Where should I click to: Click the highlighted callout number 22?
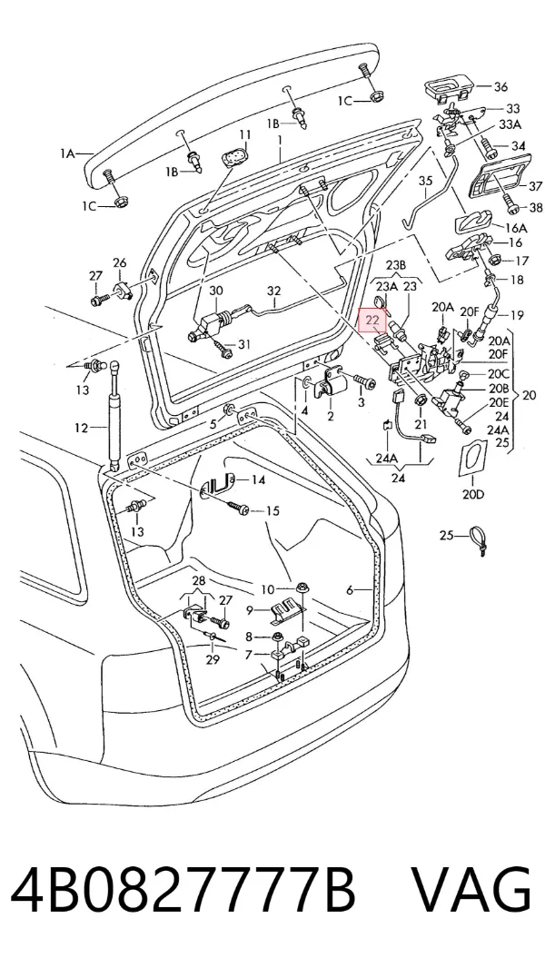[372, 321]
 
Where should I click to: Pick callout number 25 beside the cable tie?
[446, 535]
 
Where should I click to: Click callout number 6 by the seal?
[350, 590]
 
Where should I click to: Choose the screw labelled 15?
[237, 508]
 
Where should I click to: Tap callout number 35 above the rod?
[426, 182]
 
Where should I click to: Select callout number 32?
[273, 291]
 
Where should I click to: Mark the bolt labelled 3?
[365, 382]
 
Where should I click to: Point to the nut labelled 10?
[302, 588]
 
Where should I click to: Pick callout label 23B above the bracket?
[395, 265]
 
